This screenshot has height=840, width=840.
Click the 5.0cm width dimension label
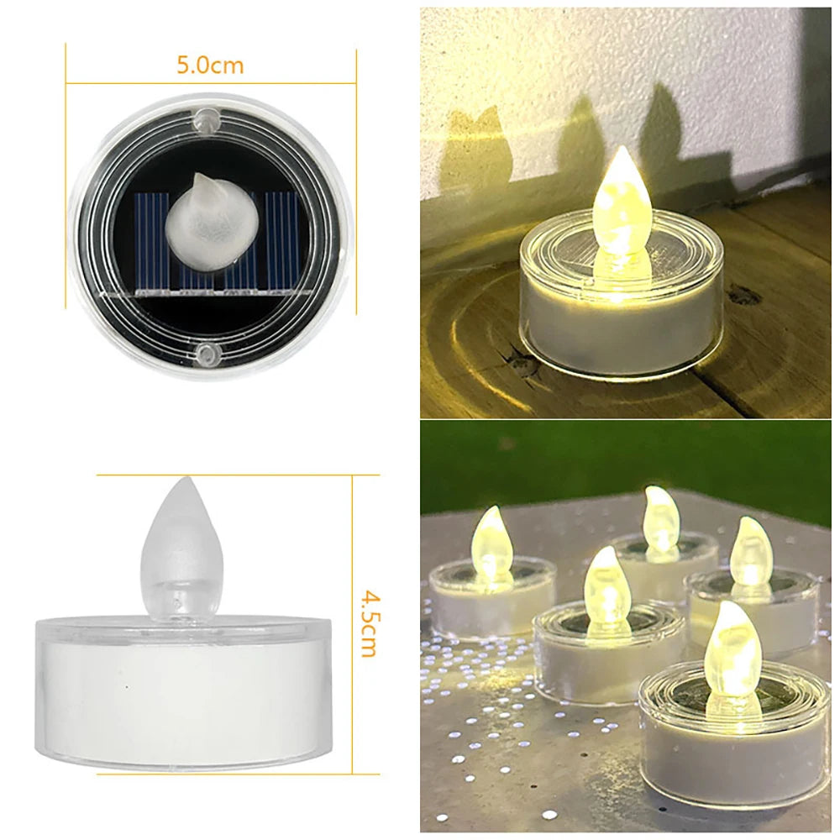pyautogui.click(x=210, y=65)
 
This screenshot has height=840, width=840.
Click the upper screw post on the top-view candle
pyautogui.click(x=204, y=119)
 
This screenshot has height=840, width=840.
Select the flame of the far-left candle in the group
pyautogui.click(x=492, y=542)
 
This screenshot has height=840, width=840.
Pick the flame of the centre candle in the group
pyautogui.click(x=606, y=588)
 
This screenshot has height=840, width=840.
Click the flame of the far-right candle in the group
pyautogui.click(x=750, y=553)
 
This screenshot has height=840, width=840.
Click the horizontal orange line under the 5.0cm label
pyautogui.click(x=210, y=83)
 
